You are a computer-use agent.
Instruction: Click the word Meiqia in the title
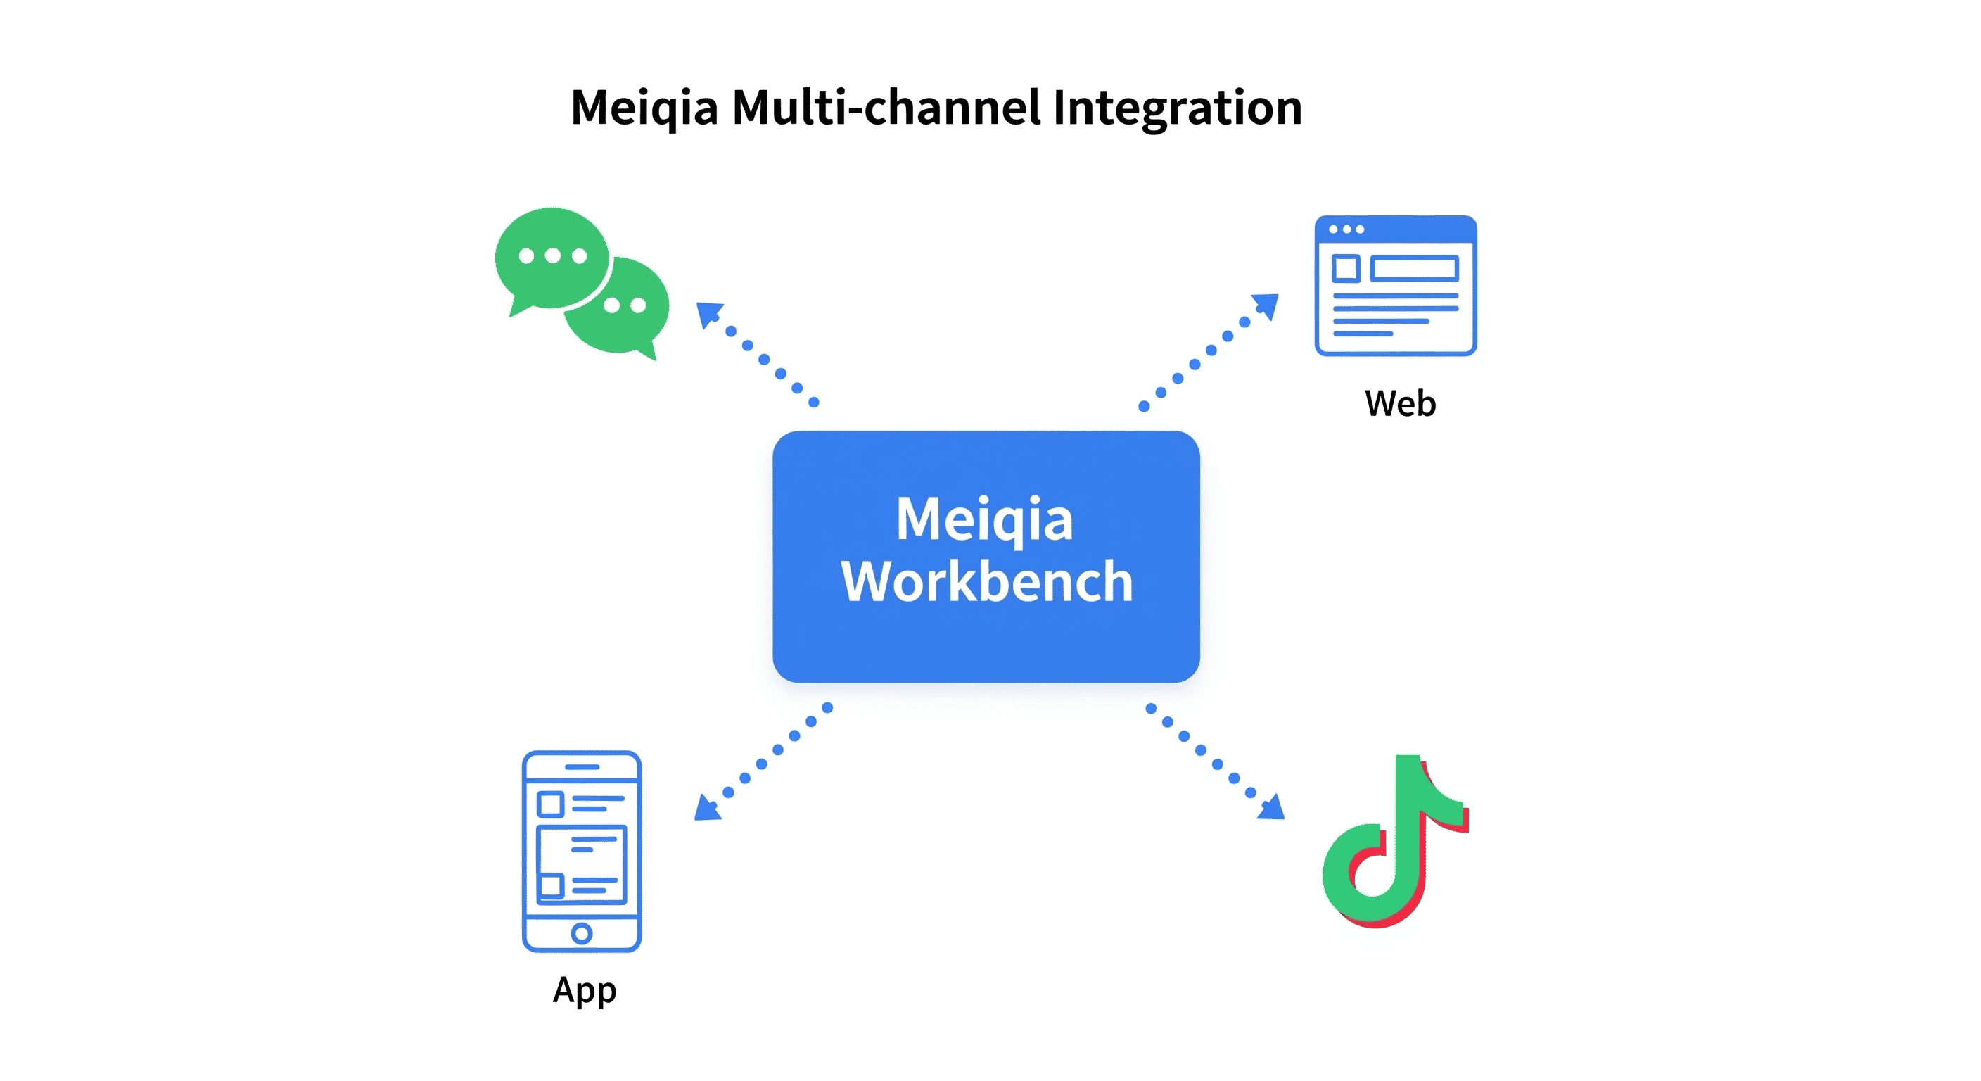click(644, 108)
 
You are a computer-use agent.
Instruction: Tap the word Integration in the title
click(1178, 108)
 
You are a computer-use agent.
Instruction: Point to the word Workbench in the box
click(987, 581)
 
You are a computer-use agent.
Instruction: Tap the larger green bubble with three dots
click(552, 258)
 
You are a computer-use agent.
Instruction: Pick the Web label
click(1400, 403)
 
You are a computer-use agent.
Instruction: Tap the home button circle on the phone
click(581, 933)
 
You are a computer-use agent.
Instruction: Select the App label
click(585, 990)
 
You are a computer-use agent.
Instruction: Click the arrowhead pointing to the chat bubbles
click(707, 313)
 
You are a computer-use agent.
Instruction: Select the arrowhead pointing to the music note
click(1273, 808)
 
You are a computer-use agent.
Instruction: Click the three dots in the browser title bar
click(1346, 229)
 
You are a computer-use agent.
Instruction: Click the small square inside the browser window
click(1346, 269)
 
